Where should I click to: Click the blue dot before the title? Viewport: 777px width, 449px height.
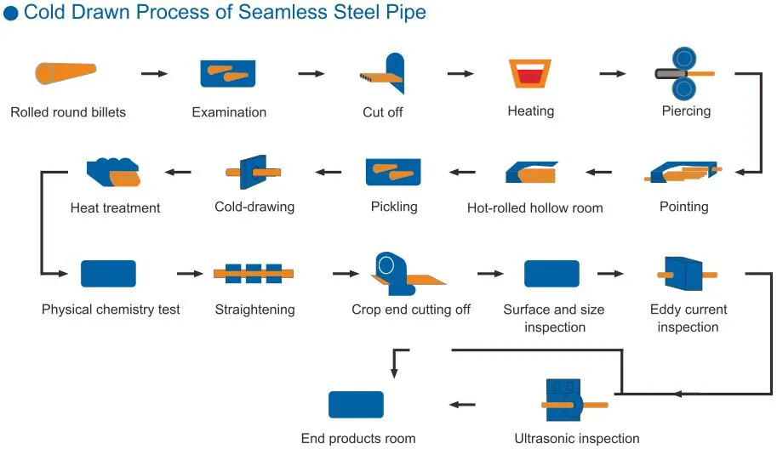point(11,14)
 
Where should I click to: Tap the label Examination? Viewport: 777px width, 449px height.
point(229,112)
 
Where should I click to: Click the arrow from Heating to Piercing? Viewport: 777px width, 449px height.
point(613,74)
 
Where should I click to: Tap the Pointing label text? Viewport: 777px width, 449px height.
point(683,207)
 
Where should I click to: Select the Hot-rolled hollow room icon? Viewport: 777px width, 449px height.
point(532,173)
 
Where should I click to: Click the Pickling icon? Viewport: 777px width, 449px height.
point(394,173)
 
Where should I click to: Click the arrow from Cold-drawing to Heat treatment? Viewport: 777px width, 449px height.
point(178,173)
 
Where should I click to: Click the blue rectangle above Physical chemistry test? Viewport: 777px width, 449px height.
point(108,274)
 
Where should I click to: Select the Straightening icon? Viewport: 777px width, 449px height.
point(254,274)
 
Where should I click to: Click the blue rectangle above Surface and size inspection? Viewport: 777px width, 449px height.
point(551,274)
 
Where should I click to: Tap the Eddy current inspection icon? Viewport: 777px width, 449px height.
point(686,274)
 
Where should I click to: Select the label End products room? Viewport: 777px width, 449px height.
point(358,439)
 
